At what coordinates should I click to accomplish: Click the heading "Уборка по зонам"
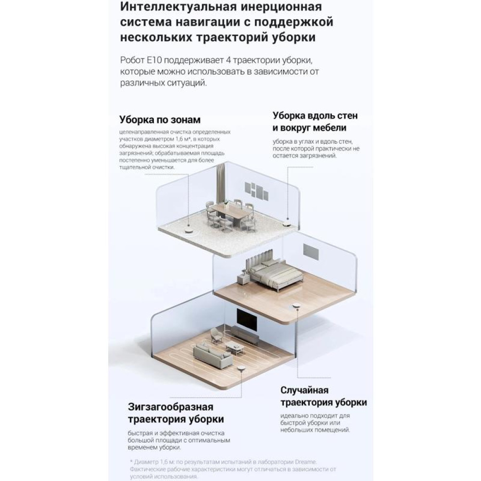160,120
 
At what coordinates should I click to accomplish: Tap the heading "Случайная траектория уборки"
324,396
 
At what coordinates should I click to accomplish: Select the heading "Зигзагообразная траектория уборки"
176,413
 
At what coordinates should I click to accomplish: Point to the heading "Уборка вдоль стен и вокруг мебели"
315,122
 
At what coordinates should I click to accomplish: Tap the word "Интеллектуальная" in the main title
177,7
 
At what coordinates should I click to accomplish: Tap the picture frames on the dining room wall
257,191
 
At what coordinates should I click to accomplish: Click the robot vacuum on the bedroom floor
296,306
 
